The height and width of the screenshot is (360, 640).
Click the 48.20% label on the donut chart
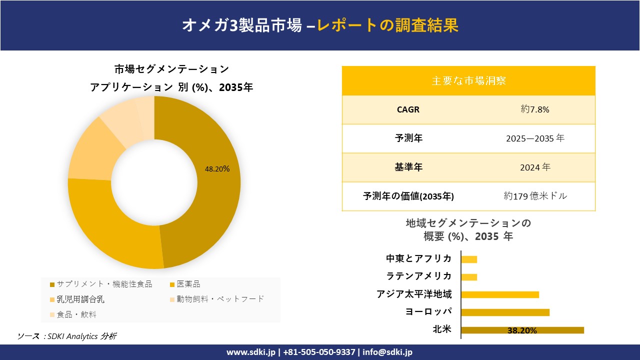click(217, 169)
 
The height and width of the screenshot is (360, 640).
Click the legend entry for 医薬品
click(188, 284)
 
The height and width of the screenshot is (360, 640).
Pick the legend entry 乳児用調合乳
click(80, 299)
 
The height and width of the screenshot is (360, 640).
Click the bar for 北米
click(522, 330)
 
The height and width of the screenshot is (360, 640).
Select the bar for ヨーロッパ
click(505, 312)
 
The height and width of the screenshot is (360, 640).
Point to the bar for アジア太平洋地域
click(500, 294)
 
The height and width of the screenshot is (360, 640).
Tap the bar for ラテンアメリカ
click(469, 277)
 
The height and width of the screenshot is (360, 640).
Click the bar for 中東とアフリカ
click(469, 259)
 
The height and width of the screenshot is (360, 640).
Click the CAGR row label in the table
click(408, 109)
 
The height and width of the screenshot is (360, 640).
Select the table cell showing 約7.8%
click(535, 109)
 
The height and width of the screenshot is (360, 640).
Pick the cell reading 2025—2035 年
click(535, 138)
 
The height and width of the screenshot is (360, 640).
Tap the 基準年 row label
click(408, 167)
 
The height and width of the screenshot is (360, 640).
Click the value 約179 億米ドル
click(535, 196)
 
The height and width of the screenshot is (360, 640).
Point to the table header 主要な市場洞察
click(468, 80)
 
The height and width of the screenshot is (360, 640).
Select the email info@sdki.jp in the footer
click(388, 352)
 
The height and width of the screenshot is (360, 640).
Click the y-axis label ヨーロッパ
click(428, 312)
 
